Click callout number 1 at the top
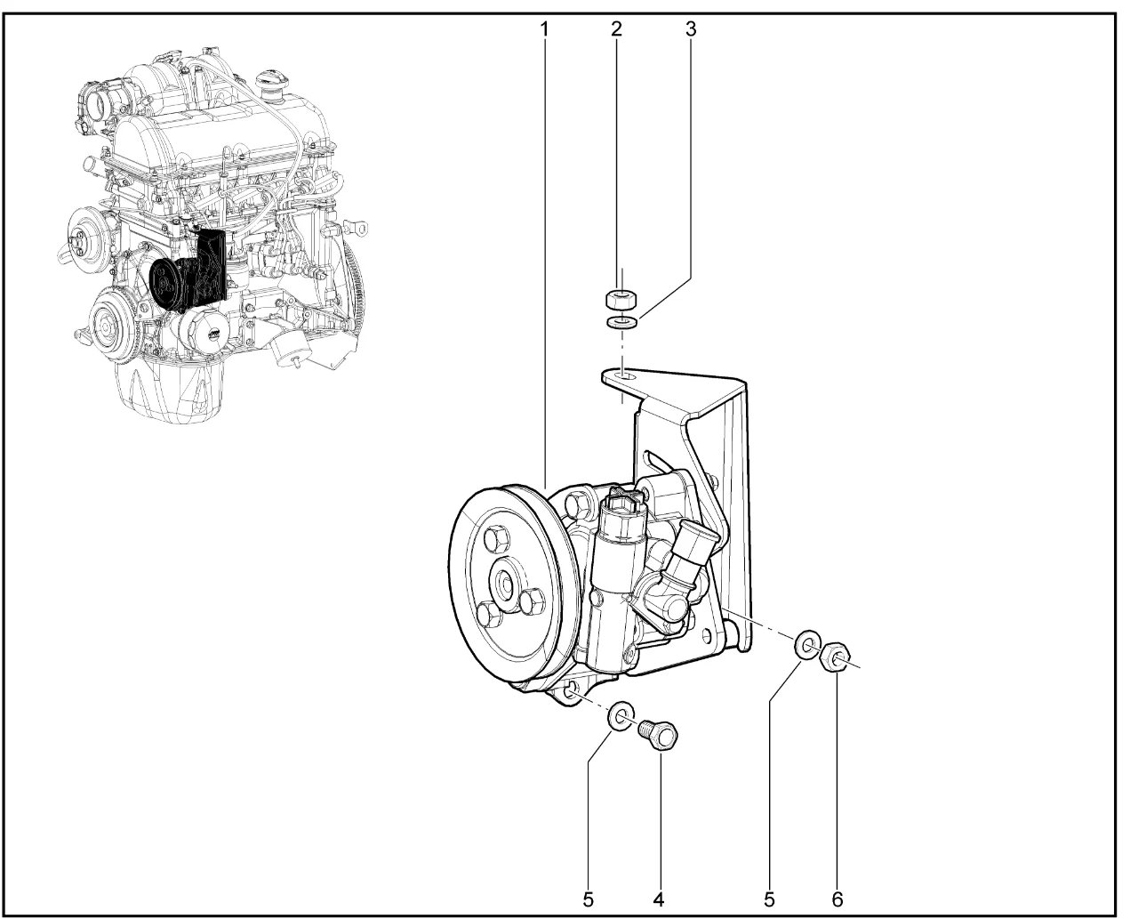click(x=544, y=29)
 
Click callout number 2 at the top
click(x=616, y=29)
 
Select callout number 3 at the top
click(x=691, y=29)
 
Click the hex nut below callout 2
click(x=621, y=300)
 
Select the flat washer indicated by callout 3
click(x=621, y=322)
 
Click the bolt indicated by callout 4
click(x=659, y=736)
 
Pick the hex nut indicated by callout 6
click(x=834, y=657)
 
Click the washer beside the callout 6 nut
click(x=807, y=645)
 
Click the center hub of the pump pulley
click(x=503, y=581)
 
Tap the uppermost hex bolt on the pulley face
click(x=495, y=539)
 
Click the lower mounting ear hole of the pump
click(x=572, y=692)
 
